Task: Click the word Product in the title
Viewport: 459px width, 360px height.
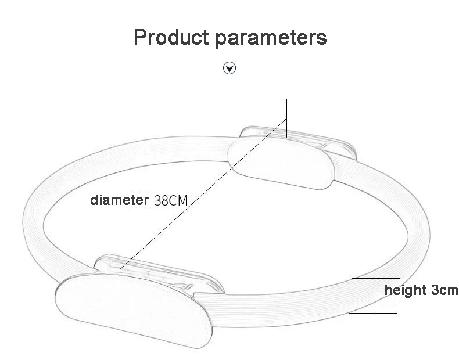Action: [171, 38]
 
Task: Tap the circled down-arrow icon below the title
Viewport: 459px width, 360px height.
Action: [230, 69]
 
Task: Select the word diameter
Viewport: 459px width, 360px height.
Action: [120, 201]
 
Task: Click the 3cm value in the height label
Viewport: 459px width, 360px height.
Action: [444, 290]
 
